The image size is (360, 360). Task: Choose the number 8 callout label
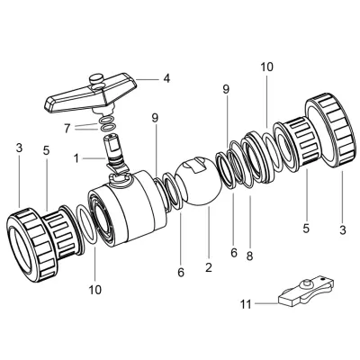(249, 256)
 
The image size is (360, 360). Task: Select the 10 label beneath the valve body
(96, 290)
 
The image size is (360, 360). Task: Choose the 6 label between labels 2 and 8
(234, 253)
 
